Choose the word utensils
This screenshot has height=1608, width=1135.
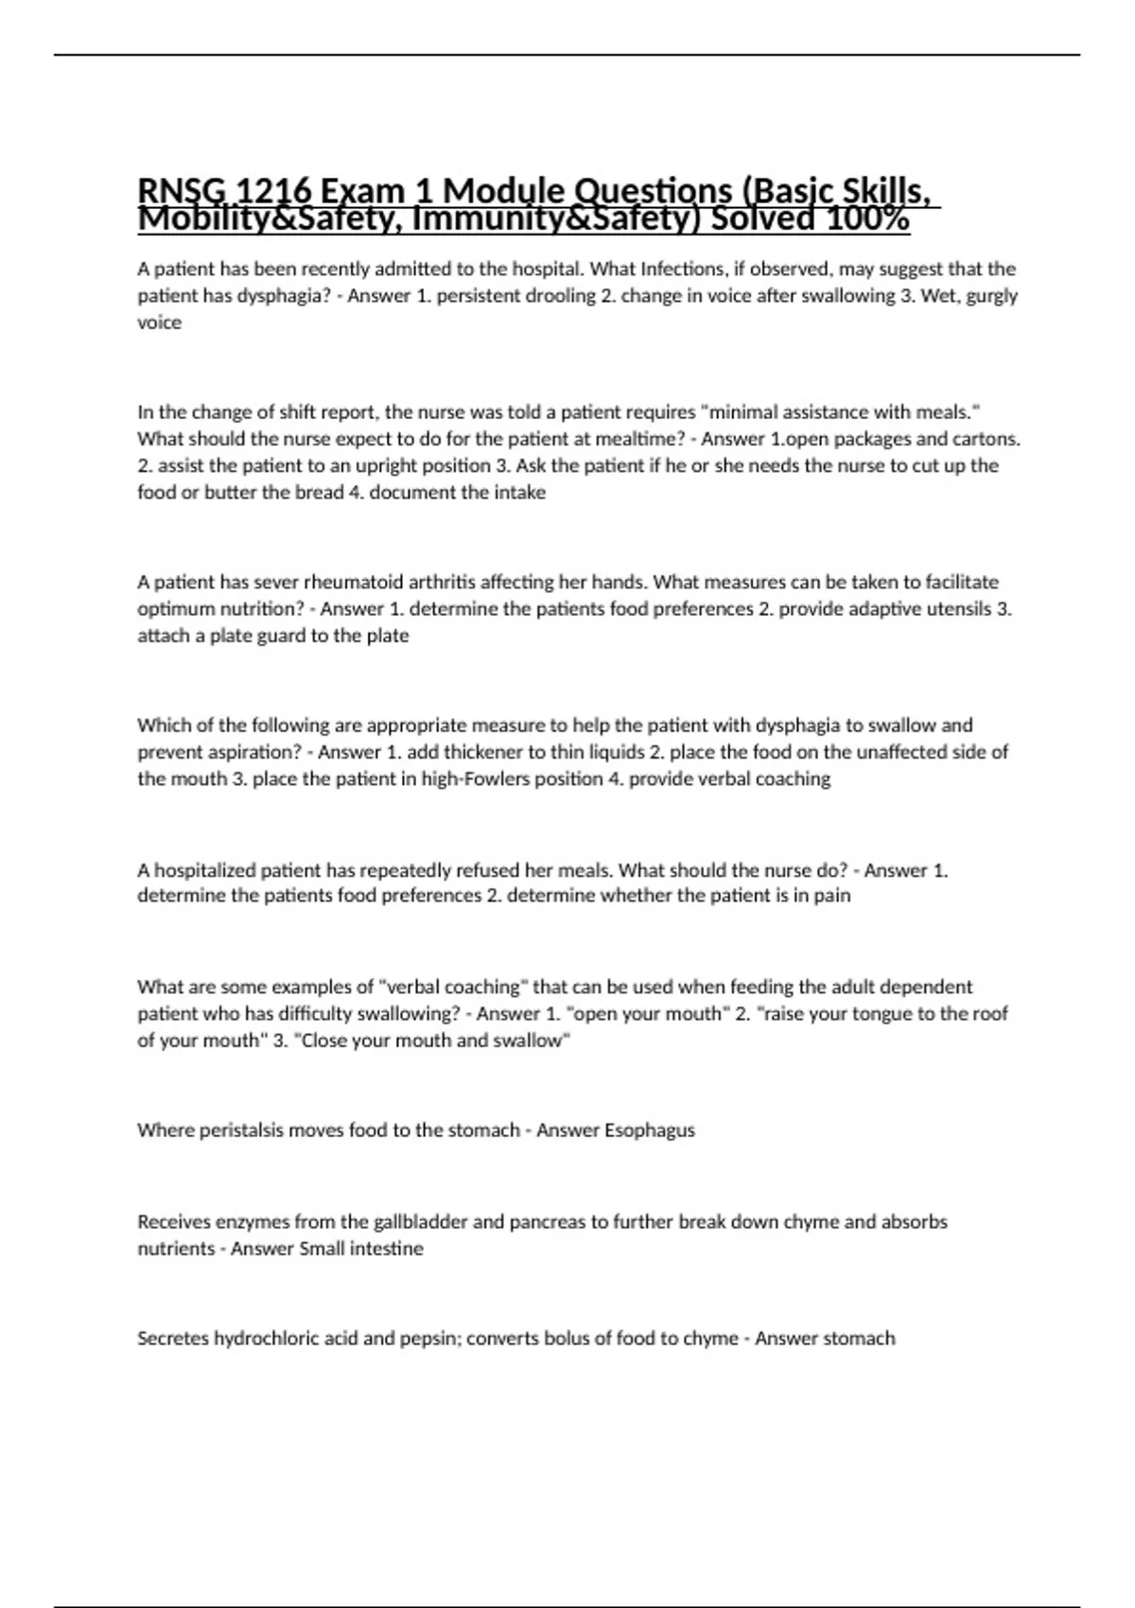[957, 608]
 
